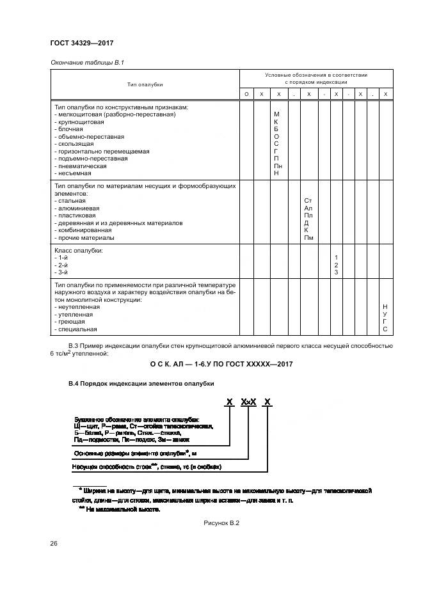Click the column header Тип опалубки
[x=145, y=84]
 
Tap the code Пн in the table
[x=276, y=166]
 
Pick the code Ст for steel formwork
[x=308, y=201]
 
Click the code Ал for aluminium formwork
[x=308, y=209]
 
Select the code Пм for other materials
[x=308, y=238]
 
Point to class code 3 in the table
[x=336, y=273]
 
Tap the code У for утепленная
[x=385, y=315]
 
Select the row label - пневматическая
[x=81, y=166]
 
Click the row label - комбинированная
[x=83, y=230]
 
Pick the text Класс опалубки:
[x=79, y=250]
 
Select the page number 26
[x=53, y=544]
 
